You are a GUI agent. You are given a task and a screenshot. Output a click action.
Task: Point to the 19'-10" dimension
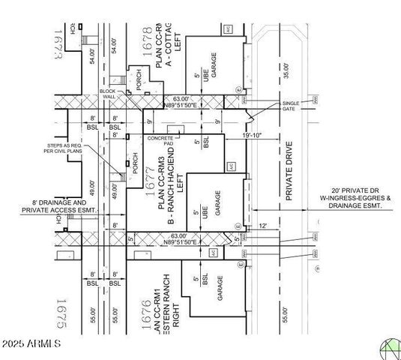pos(253,135)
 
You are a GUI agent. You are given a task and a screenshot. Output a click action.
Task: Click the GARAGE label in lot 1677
pos(218,203)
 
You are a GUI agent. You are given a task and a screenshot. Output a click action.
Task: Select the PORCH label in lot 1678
pos(136,79)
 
